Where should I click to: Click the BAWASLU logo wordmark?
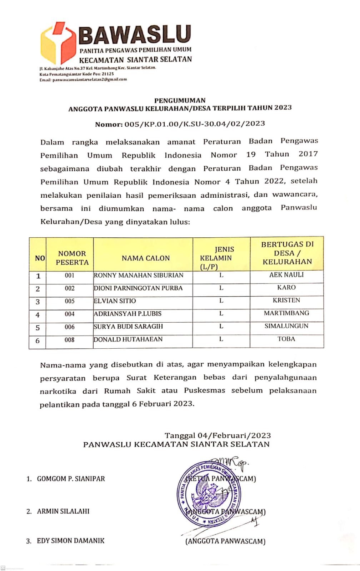click(135, 35)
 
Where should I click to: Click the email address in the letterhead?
click(89, 80)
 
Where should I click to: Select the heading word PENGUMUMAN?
click(180, 100)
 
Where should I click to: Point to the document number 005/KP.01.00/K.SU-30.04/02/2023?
click(195, 124)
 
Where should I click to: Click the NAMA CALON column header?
click(146, 258)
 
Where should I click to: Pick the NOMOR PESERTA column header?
click(72, 258)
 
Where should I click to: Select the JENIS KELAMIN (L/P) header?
click(216, 258)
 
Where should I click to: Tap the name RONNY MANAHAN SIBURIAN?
click(139, 275)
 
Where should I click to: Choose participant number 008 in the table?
click(70, 340)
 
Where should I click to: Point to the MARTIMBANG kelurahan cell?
click(286, 313)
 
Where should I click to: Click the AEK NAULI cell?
click(286, 275)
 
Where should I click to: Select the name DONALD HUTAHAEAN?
click(128, 339)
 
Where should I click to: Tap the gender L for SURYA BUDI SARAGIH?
click(221, 326)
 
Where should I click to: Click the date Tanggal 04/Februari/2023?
click(217, 435)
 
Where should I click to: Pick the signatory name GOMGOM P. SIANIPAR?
click(71, 479)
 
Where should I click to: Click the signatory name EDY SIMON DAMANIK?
click(70, 541)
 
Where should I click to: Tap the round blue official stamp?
click(209, 494)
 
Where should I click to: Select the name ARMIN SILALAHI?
click(63, 511)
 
